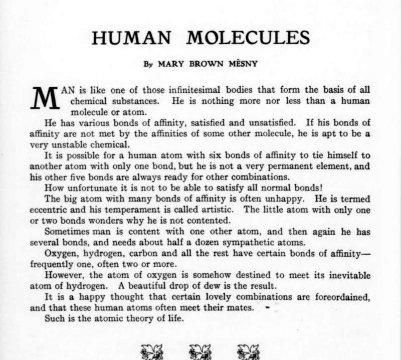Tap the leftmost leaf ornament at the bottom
[x=150, y=350]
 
